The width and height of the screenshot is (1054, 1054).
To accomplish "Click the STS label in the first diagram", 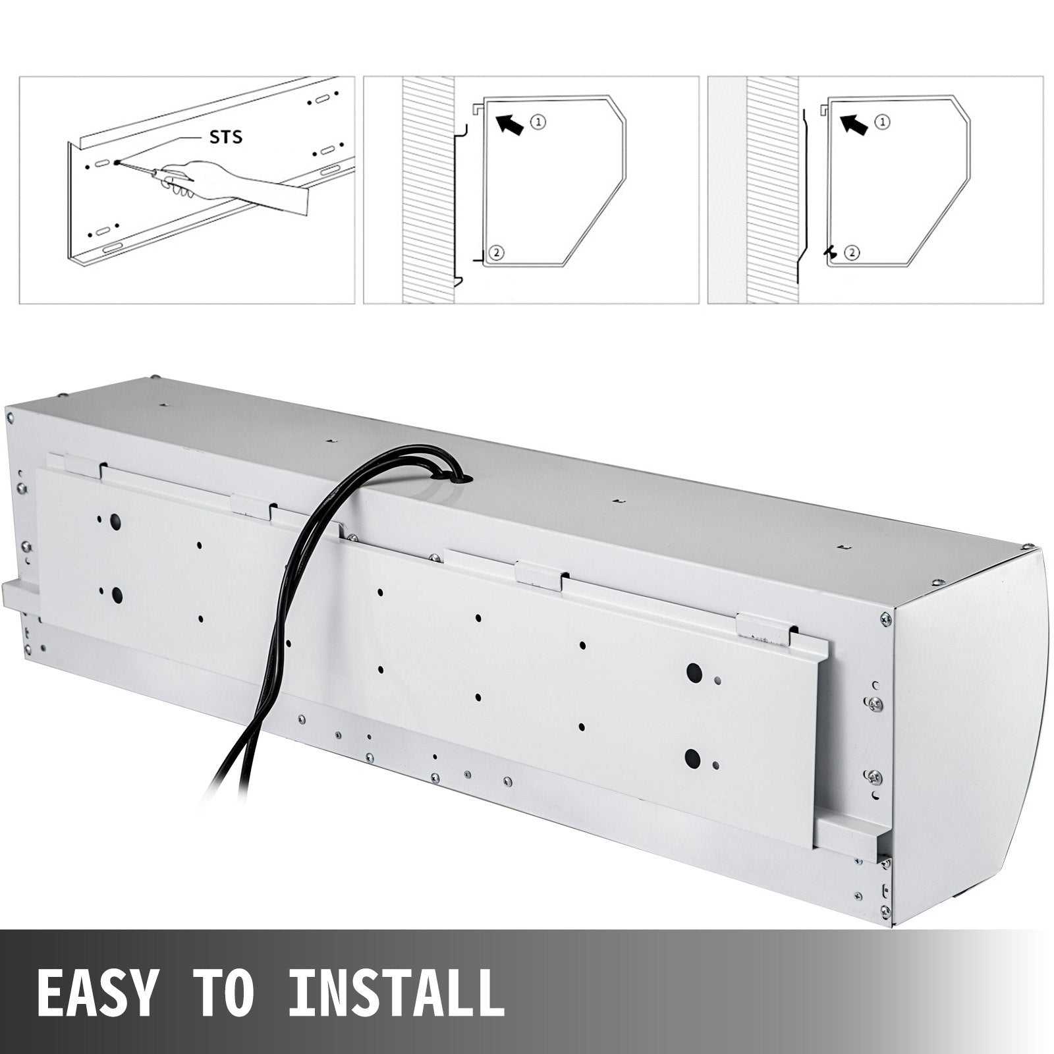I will (226, 137).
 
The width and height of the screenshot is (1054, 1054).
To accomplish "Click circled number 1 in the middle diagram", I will (539, 121).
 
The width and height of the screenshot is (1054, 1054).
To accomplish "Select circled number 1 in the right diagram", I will (883, 121).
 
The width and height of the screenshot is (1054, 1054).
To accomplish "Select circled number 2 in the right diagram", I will (851, 252).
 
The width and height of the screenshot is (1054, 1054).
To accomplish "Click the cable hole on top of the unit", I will (464, 477).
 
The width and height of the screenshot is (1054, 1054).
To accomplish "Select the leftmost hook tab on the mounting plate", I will (84, 465).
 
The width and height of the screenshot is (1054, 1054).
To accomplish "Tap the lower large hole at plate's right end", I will (692, 756).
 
